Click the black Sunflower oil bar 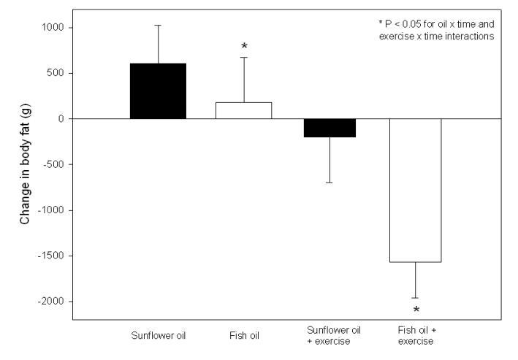(x=158, y=91)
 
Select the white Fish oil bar (x=244, y=110)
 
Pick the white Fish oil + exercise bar (x=415, y=190)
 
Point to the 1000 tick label (x=53, y=28)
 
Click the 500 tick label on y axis (x=56, y=73)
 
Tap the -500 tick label (x=55, y=165)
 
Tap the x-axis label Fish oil (x=244, y=337)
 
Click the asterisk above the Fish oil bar (x=244, y=47)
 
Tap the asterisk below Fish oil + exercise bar (x=415, y=310)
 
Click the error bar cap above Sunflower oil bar (x=158, y=25)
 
